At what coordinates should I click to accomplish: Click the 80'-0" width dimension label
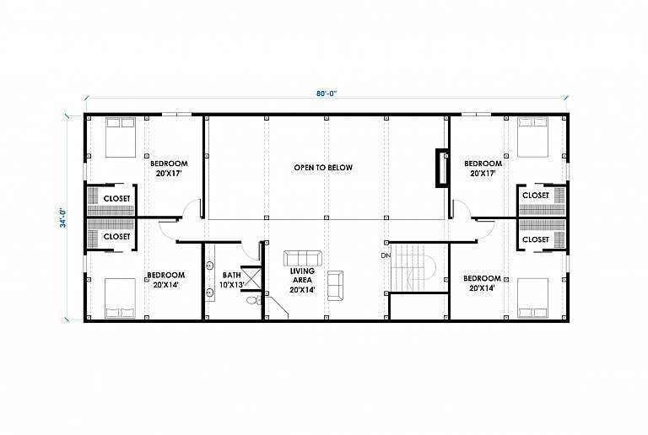[327, 94]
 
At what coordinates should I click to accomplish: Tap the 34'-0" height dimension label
[63, 217]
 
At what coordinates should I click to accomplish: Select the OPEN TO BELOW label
[323, 168]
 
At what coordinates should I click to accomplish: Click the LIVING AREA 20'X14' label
[302, 280]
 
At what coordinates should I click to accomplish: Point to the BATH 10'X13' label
[232, 280]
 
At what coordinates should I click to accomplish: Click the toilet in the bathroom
[254, 299]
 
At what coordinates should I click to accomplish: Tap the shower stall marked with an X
[251, 278]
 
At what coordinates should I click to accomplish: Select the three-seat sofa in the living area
[303, 258]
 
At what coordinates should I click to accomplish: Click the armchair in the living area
[335, 285]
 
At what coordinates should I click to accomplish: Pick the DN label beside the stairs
[386, 255]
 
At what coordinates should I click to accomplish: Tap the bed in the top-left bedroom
[121, 137]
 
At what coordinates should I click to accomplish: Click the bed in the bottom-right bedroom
[533, 298]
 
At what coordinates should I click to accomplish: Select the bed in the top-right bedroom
[533, 137]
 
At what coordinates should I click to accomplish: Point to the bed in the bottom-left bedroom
[120, 298]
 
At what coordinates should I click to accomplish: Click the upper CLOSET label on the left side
[116, 198]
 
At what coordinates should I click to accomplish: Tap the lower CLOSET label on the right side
[536, 239]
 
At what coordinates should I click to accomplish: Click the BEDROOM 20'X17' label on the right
[483, 169]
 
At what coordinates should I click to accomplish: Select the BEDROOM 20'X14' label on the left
[166, 280]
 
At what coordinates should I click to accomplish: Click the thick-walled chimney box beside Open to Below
[442, 168]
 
